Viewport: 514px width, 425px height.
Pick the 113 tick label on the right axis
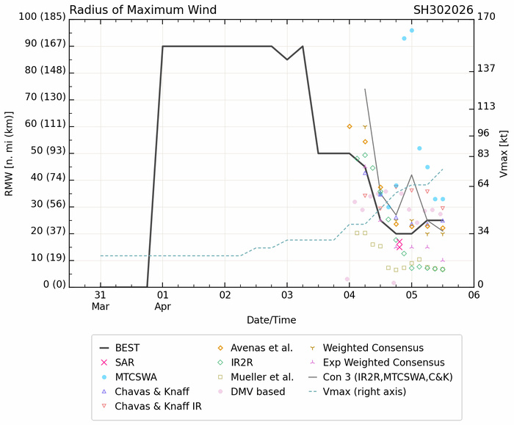487,106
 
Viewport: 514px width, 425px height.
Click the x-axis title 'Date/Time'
272,320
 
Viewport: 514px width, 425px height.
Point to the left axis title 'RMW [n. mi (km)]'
10,150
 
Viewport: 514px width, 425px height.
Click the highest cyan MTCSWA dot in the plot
411,30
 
